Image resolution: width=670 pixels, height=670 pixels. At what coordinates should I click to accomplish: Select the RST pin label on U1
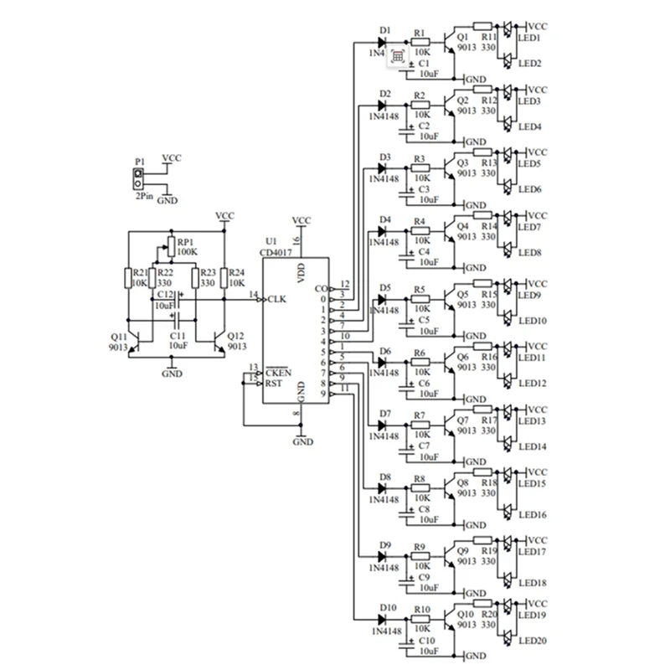(274, 383)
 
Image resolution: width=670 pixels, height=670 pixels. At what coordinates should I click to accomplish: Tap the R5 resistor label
(419, 290)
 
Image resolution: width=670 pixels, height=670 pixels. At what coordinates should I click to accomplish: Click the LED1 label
(530, 39)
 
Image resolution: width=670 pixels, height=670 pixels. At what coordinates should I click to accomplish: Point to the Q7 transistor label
(462, 419)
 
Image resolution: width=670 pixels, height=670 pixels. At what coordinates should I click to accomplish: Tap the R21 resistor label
(139, 273)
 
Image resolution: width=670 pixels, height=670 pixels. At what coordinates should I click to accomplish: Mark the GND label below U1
(304, 441)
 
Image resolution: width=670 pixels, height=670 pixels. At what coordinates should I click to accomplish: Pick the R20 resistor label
(489, 613)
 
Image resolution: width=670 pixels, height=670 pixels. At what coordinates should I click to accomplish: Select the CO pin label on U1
(319, 290)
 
